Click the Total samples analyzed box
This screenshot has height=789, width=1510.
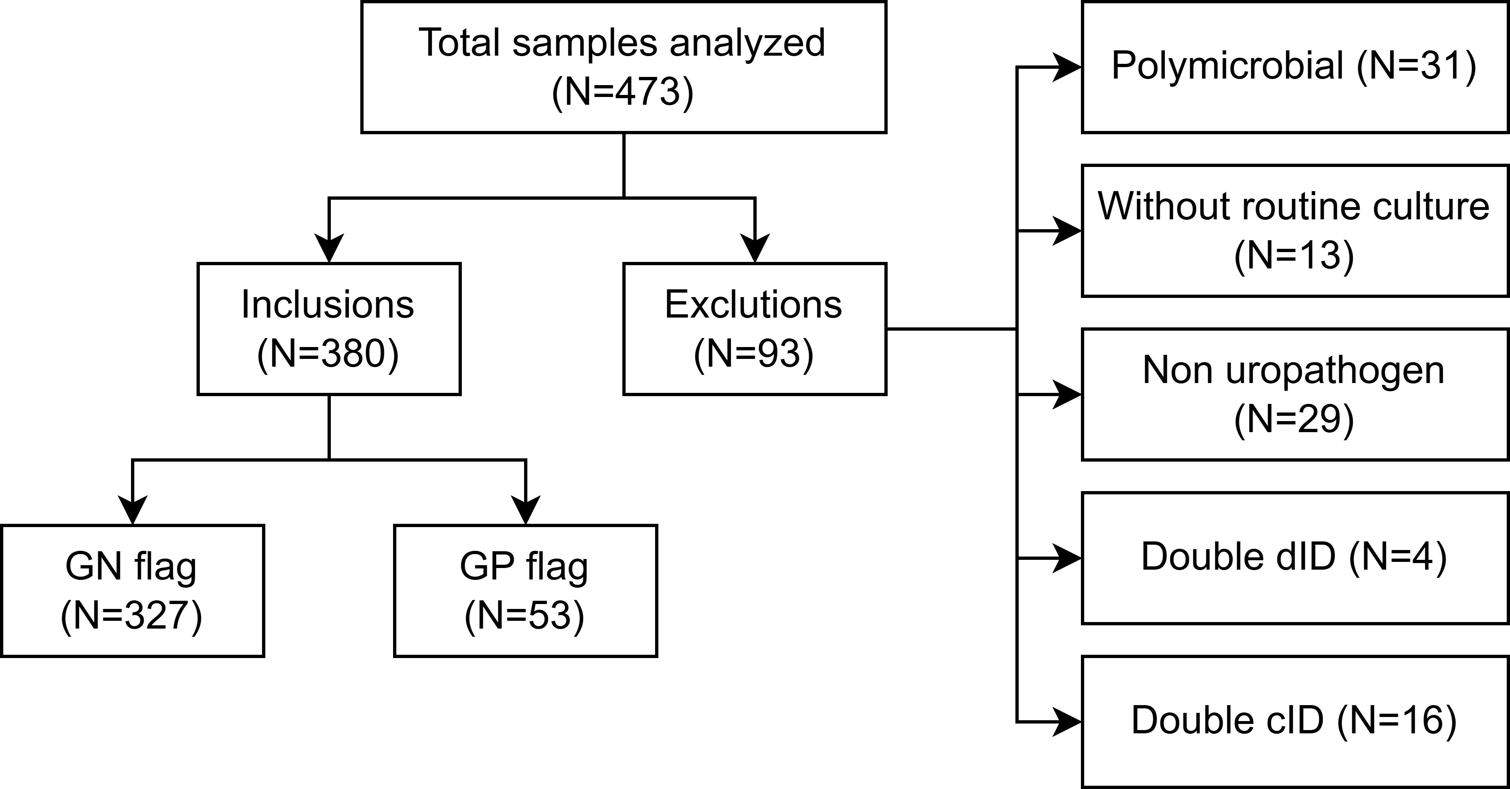[623, 68]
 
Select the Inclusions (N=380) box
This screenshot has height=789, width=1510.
[329, 329]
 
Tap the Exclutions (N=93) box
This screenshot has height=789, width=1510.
[755, 329]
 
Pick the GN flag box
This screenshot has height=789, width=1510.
[133, 591]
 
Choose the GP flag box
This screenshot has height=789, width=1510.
[525, 591]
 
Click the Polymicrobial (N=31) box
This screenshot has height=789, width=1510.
[1294, 68]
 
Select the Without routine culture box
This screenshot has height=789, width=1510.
[1294, 231]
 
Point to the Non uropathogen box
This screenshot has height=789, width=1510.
[1294, 395]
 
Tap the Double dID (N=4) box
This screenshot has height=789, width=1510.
[1294, 558]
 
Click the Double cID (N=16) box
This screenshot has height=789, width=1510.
[1294, 721]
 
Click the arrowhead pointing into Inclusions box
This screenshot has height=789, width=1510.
[329, 249]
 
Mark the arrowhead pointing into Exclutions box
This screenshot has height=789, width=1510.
[755, 249]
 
